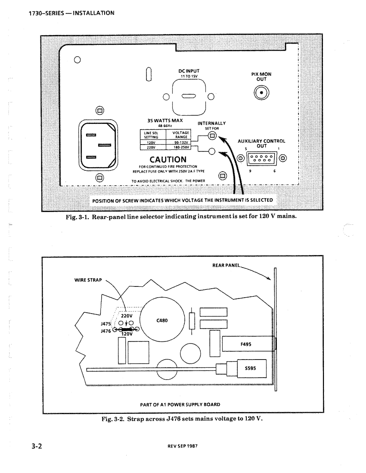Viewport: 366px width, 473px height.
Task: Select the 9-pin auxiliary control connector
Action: (261, 158)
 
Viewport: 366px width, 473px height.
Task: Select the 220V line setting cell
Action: (151, 148)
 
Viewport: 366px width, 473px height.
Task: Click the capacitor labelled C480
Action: (162, 320)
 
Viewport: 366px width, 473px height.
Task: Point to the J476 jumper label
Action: (105, 331)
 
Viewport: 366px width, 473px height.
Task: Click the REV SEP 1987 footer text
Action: (186, 446)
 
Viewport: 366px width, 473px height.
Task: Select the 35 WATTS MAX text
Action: (165, 121)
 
